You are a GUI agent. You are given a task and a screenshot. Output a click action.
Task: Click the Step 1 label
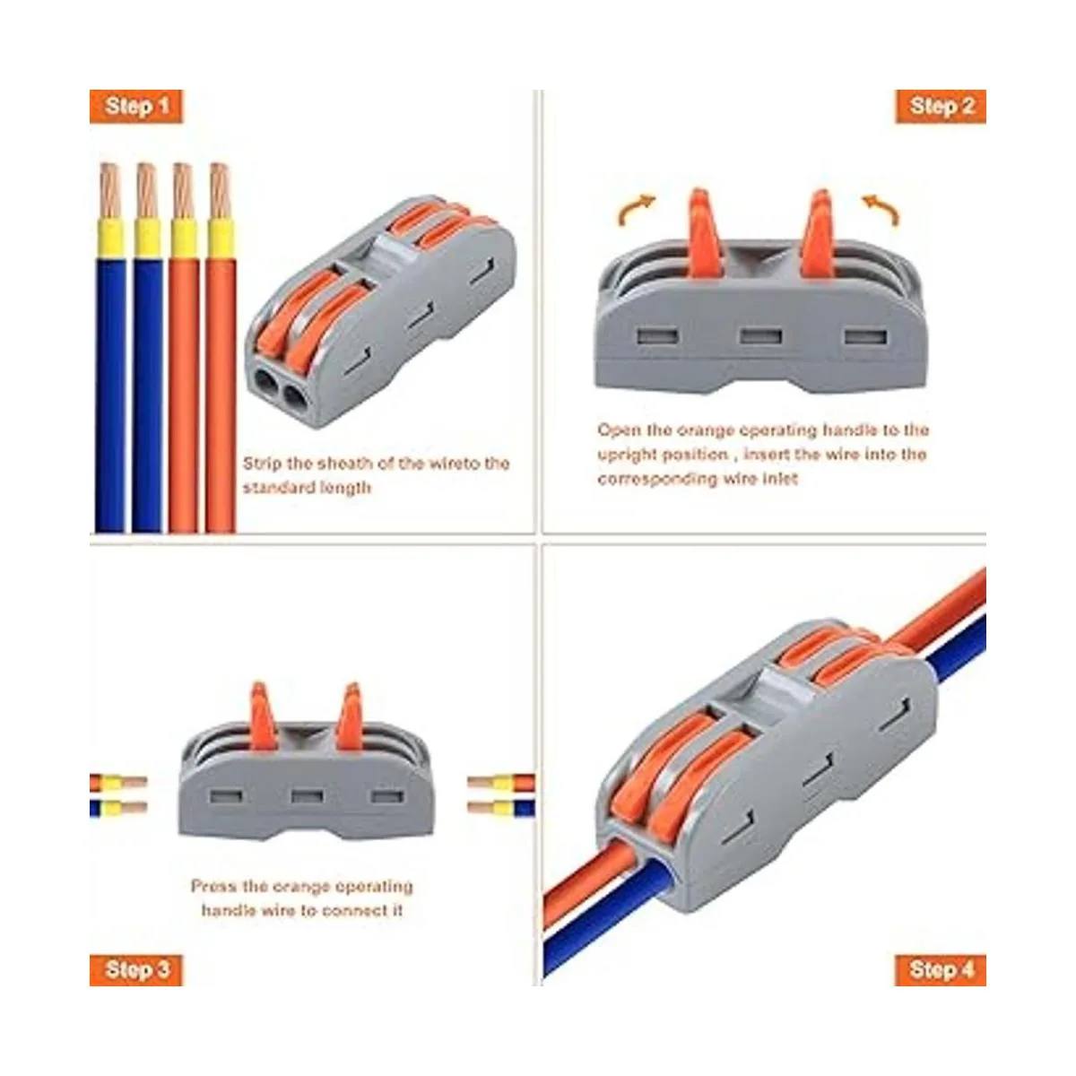(136, 106)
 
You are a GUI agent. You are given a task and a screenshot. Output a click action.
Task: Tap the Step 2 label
(941, 106)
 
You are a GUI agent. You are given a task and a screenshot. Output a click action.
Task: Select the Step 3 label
(136, 970)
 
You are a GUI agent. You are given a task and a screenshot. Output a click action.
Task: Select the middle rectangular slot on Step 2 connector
(760, 336)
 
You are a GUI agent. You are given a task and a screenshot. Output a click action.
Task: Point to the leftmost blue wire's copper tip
(109, 191)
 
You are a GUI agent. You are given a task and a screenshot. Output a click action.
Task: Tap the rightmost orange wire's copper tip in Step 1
(220, 191)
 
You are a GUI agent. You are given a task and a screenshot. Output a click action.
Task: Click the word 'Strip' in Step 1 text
(263, 464)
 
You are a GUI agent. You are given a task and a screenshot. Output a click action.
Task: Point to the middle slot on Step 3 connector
(307, 796)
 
